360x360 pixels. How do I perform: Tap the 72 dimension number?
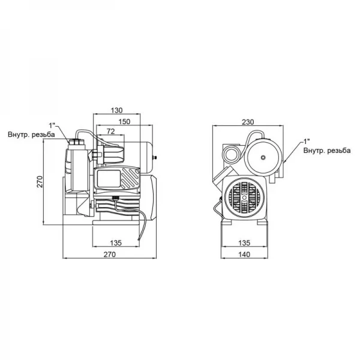pos(110,131)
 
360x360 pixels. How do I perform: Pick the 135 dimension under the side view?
pos(116,243)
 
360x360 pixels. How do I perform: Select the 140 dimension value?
pos(244,254)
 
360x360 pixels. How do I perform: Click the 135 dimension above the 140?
pos(244,243)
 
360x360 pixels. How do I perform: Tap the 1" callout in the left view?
pos(52,125)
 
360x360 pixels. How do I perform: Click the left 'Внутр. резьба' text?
pos(31,135)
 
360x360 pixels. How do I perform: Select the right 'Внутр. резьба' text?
pos(326,149)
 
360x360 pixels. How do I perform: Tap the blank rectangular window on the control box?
pos(106,179)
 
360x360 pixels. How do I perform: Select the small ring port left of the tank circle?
pos(231,152)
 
